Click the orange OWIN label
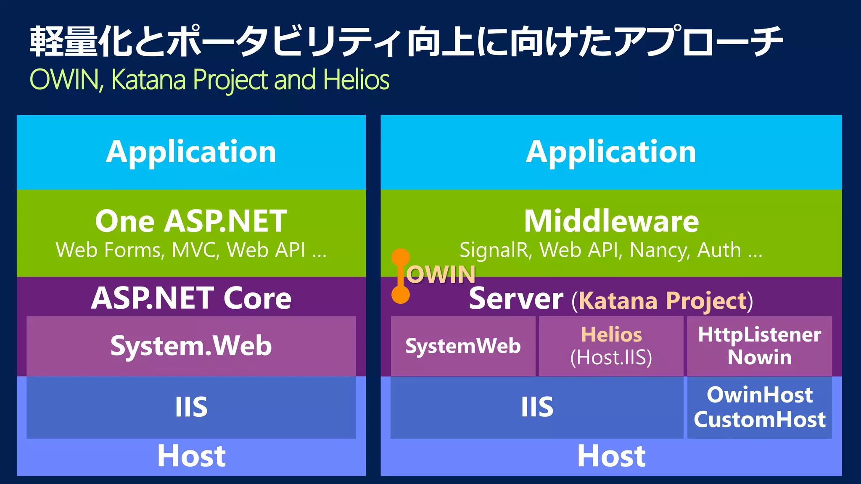click(x=441, y=275)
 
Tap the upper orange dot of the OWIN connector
click(x=401, y=257)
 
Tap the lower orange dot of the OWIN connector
click(x=401, y=295)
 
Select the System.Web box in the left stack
click(x=191, y=346)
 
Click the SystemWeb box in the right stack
click(x=463, y=346)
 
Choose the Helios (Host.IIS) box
click(x=611, y=346)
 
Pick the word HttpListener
click(x=759, y=335)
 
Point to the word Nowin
click(x=759, y=358)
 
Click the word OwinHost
click(x=759, y=395)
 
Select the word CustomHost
click(x=759, y=420)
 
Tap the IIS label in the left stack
click(x=191, y=407)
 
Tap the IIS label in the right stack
click(x=537, y=407)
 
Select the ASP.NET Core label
click(x=191, y=298)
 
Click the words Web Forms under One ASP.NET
click(x=109, y=250)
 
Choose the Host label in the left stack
click(x=191, y=456)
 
